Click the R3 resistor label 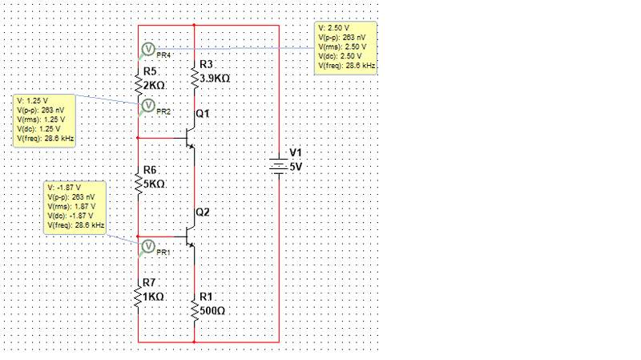pyautogui.click(x=206, y=64)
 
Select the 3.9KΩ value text pyautogui.click(x=216, y=78)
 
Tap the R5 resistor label pyautogui.click(x=150, y=71)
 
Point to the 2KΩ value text pyautogui.click(x=154, y=84)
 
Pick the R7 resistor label pyautogui.click(x=150, y=283)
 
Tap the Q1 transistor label pyautogui.click(x=202, y=114)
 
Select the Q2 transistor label pyautogui.click(x=203, y=212)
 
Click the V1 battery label pyautogui.click(x=296, y=152)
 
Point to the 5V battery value pyautogui.click(x=296, y=166)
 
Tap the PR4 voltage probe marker pyautogui.click(x=147, y=51)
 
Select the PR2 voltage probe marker pyautogui.click(x=147, y=106)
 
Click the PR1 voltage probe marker pyautogui.click(x=147, y=247)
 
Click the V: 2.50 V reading pyautogui.click(x=334, y=29)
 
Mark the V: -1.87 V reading pyautogui.click(x=65, y=188)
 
